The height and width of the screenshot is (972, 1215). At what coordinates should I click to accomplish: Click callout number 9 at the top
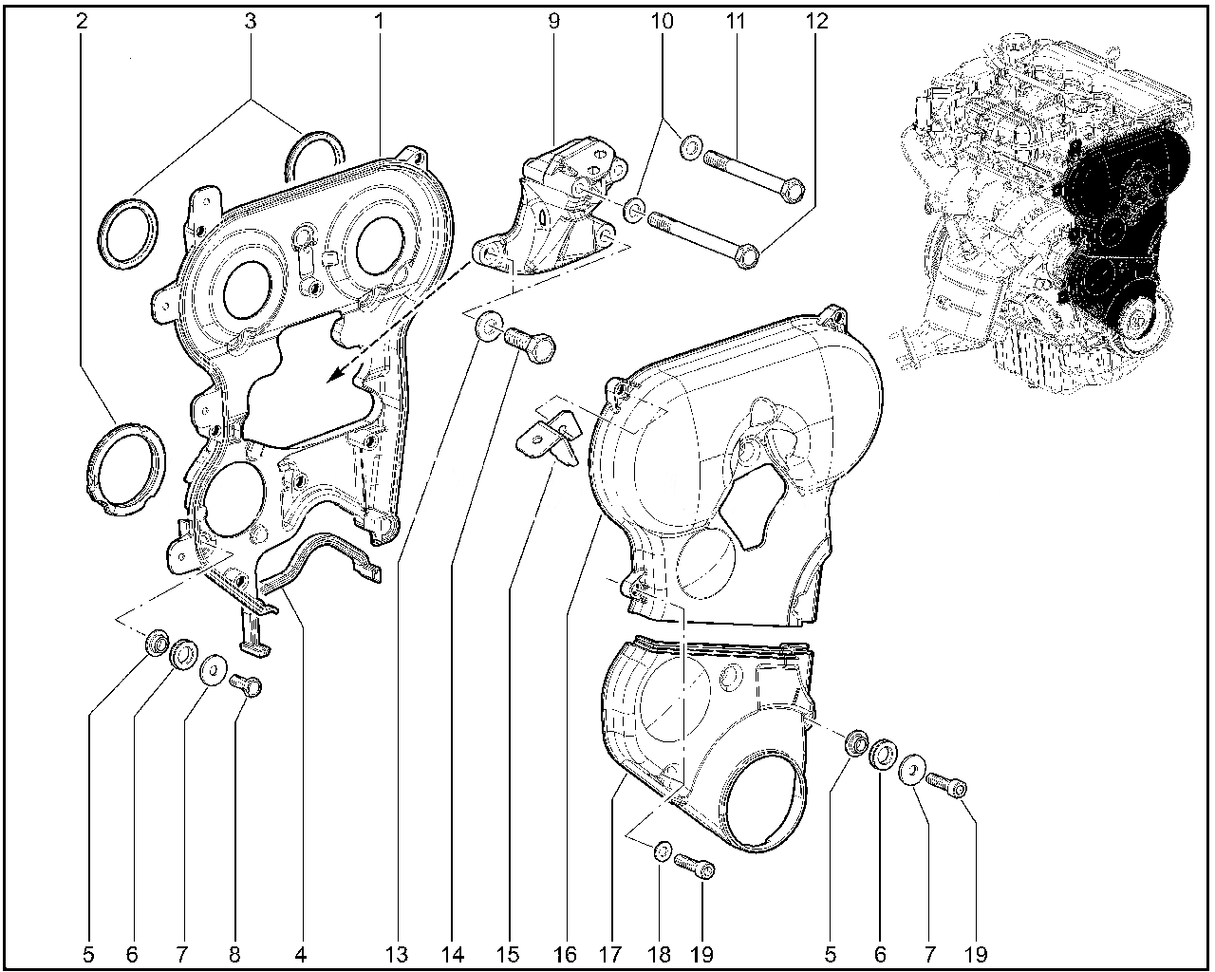click(x=553, y=22)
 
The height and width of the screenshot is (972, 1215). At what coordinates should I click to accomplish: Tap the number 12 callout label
click(x=817, y=22)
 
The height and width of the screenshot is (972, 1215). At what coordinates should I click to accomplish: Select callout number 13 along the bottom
click(x=397, y=955)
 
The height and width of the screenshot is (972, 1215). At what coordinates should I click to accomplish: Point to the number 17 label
click(x=609, y=955)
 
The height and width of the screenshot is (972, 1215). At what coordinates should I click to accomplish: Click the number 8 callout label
click(x=234, y=955)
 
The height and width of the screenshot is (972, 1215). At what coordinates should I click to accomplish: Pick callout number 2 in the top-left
click(x=82, y=22)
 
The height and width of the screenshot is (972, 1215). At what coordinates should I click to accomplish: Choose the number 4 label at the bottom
click(x=300, y=955)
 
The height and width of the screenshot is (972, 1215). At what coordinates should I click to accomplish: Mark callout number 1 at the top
click(x=379, y=22)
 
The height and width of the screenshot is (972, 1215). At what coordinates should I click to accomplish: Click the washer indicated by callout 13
click(x=488, y=327)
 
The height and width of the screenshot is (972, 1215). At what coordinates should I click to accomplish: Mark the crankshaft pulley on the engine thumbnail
click(x=1133, y=324)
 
